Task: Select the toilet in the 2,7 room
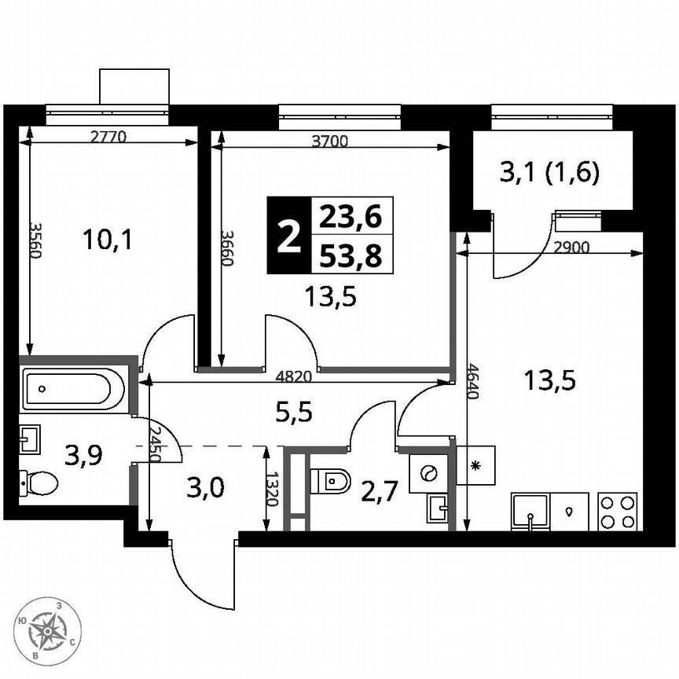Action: (x=331, y=479)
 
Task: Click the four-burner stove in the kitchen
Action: (x=617, y=511)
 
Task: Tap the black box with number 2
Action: (x=289, y=235)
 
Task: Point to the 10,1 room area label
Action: (x=108, y=238)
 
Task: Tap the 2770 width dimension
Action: (x=108, y=136)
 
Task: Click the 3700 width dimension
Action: (x=330, y=141)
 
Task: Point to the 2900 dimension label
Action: (x=571, y=246)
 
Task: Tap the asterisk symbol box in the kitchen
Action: (x=475, y=465)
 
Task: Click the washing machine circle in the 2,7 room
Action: (x=429, y=472)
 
